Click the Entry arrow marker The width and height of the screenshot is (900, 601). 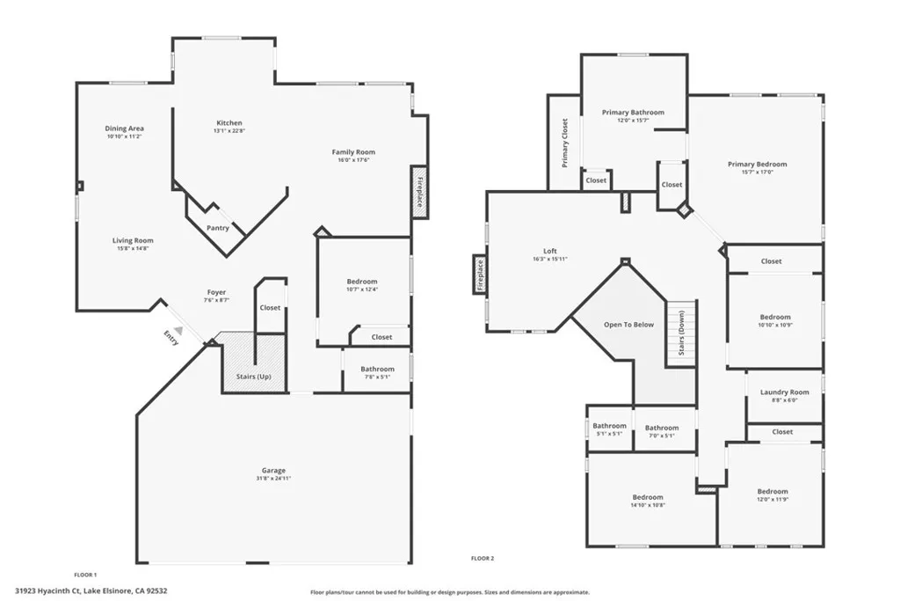tap(178, 327)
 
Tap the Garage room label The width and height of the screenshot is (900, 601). tap(272, 471)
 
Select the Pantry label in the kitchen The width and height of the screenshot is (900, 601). tap(218, 228)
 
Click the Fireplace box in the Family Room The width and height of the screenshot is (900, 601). tap(419, 192)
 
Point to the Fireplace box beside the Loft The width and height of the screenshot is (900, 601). tap(480, 274)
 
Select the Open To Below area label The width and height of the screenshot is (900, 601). tap(628, 325)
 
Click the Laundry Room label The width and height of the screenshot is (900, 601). tap(784, 392)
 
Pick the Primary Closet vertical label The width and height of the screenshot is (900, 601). tap(565, 143)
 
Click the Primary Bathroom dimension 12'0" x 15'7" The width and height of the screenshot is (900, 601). tap(633, 121)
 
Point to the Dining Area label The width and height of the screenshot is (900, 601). tap(124, 128)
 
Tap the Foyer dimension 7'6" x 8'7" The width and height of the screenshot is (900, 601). tap(216, 300)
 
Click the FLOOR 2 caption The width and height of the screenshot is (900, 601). tap(483, 558)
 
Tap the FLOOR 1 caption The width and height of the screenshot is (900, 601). tap(85, 574)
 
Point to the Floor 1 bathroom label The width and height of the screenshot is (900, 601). tap(377, 370)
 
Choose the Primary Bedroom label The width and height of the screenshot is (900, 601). tap(757, 164)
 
